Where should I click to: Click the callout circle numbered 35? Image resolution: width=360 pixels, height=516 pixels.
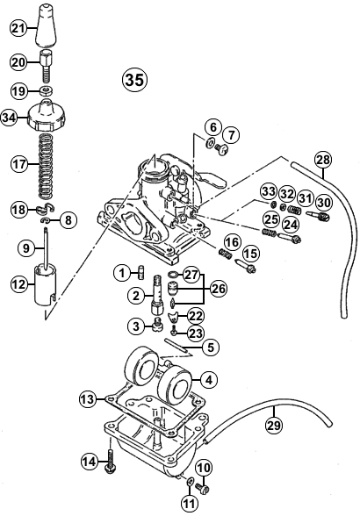pyautogui.click(x=134, y=80)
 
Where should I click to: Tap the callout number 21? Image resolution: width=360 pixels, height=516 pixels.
pyautogui.click(x=19, y=29)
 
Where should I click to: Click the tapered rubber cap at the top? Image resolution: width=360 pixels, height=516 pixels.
pyautogui.click(x=46, y=25)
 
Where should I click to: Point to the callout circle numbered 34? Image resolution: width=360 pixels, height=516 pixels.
pyautogui.click(x=10, y=118)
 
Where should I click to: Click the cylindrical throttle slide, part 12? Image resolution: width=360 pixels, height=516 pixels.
pyautogui.click(x=46, y=284)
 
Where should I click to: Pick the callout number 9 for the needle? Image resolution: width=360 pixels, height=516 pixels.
pyautogui.click(x=26, y=247)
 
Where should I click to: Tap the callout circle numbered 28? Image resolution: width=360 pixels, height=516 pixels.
pyautogui.click(x=323, y=161)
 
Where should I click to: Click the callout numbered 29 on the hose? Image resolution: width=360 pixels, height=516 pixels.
pyautogui.click(x=274, y=426)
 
